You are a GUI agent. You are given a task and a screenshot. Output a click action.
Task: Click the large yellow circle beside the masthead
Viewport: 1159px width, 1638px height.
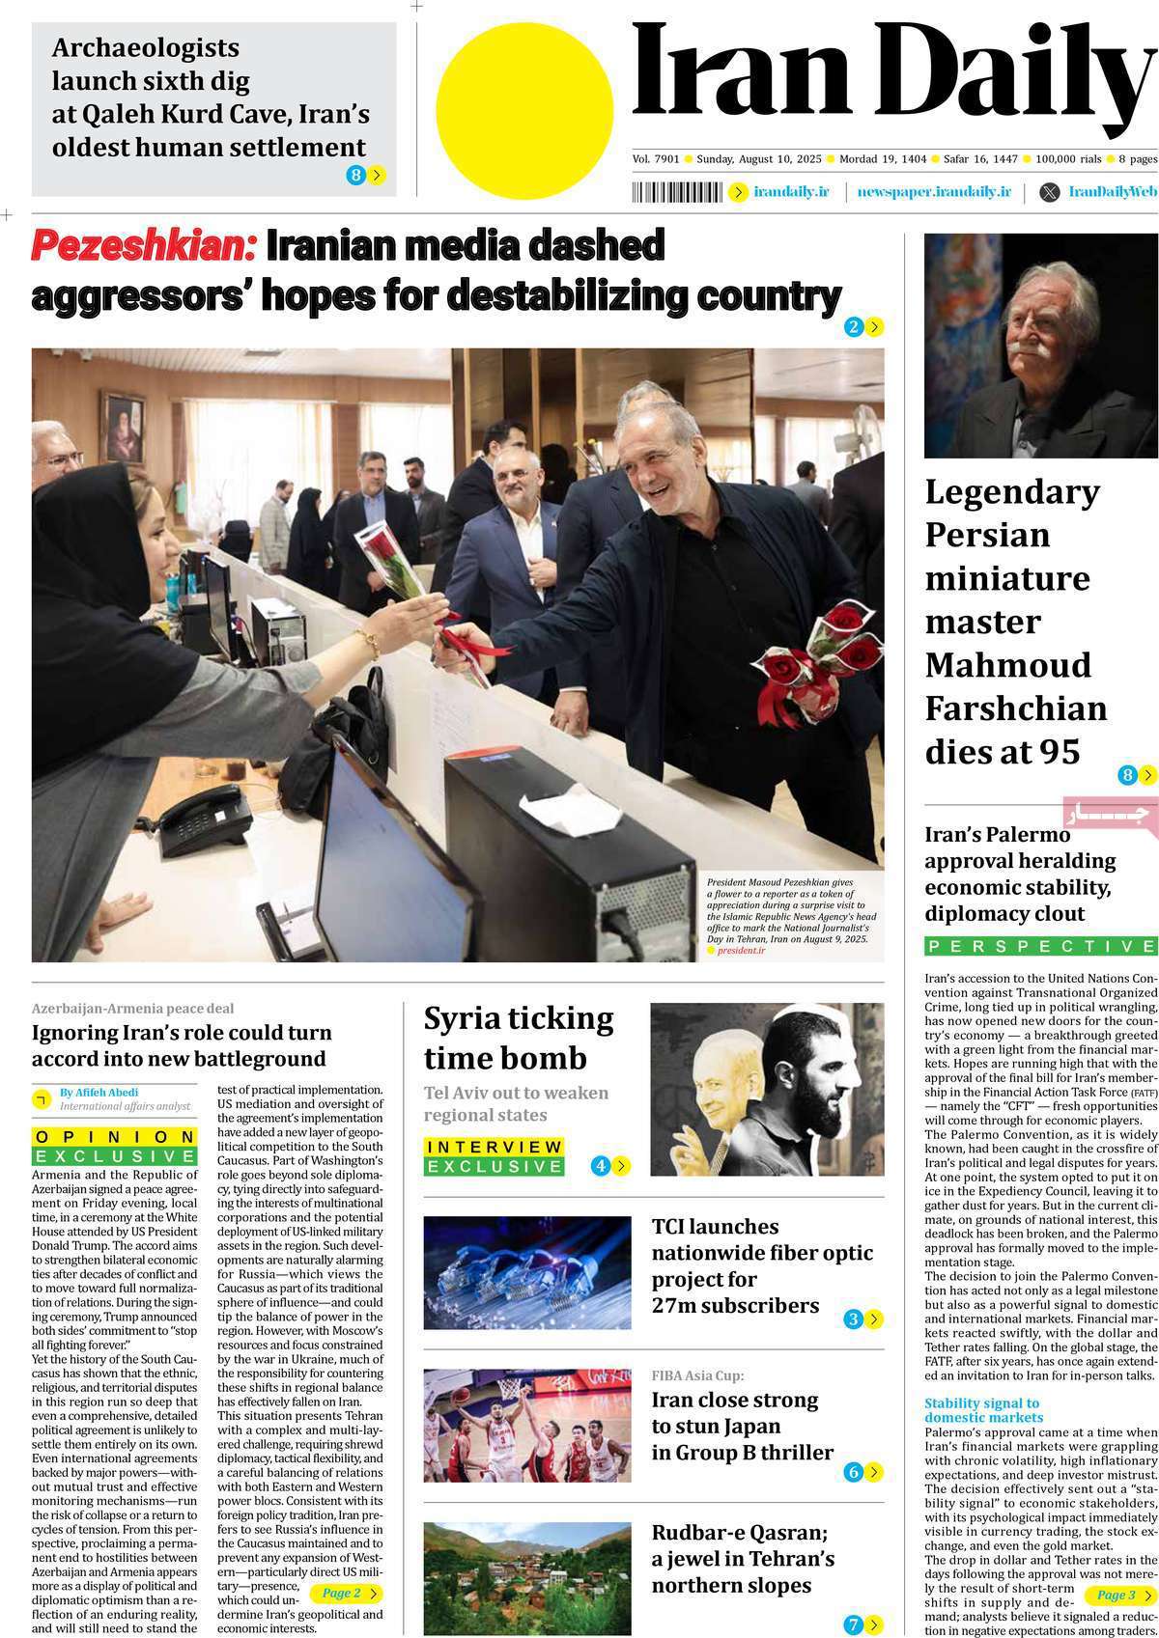(x=524, y=110)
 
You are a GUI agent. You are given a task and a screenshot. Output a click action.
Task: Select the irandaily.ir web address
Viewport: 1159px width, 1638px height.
(x=791, y=192)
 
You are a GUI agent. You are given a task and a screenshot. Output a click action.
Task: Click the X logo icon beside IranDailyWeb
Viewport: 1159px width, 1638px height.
(x=1049, y=192)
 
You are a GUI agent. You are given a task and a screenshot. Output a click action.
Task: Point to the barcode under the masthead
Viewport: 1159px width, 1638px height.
(x=677, y=192)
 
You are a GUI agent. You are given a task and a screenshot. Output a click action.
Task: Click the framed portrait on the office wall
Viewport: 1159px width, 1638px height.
(x=124, y=429)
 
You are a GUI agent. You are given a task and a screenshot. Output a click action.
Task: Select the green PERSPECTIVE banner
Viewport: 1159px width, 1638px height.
(x=1040, y=946)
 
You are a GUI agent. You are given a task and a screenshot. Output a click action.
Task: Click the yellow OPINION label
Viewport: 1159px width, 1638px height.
(x=115, y=1137)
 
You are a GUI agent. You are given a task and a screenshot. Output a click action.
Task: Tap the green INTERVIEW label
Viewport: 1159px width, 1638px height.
(x=494, y=1147)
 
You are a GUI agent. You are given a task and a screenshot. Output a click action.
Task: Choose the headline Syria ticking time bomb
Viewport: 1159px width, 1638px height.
(x=519, y=1039)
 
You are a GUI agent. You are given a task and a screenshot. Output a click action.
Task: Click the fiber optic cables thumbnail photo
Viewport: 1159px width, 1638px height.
(x=527, y=1273)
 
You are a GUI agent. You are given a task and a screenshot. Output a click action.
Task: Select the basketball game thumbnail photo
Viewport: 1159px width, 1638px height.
(x=527, y=1425)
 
